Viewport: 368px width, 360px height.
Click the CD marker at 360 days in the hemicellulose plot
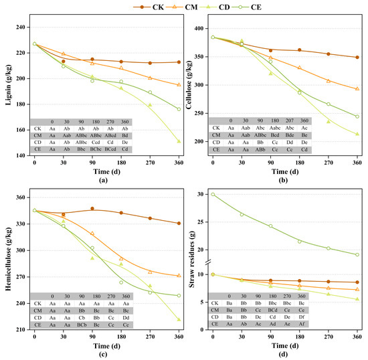click(179, 319)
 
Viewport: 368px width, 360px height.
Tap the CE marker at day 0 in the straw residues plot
click(213, 194)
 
